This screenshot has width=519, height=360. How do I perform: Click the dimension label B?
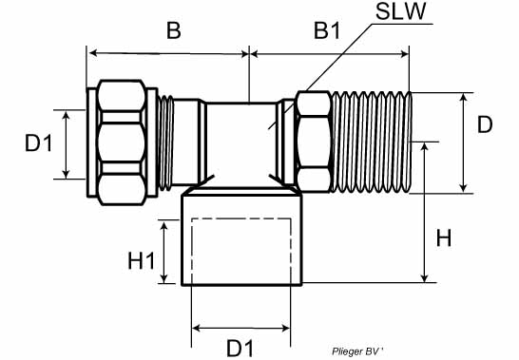click(x=174, y=30)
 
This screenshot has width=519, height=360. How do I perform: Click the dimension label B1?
click(x=327, y=30)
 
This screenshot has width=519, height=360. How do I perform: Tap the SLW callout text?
click(x=400, y=11)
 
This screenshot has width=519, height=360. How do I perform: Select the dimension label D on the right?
click(x=485, y=124)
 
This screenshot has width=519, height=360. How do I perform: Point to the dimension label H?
click(x=444, y=237)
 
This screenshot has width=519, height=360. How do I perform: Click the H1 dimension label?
click(x=142, y=260)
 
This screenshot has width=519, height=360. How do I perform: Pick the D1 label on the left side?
click(x=39, y=143)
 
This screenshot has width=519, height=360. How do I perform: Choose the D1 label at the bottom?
click(x=240, y=348)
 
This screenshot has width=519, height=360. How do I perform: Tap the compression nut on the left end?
click(x=122, y=142)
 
